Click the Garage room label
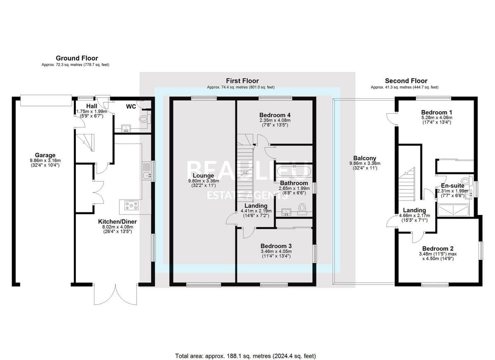(x=45, y=155)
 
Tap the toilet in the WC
(x=145, y=119)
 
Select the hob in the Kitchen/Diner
(x=132, y=205)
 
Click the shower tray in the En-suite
(x=453, y=210)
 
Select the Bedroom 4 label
(x=275, y=115)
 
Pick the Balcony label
(x=365, y=158)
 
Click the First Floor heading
(x=242, y=81)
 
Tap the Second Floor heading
(x=406, y=81)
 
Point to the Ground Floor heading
(x=77, y=58)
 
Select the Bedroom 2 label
(x=438, y=249)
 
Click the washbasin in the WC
(x=126, y=128)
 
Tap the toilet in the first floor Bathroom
(x=302, y=209)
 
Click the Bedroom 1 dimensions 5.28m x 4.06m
(x=437, y=118)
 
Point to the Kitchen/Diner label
(x=117, y=221)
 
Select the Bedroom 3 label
(x=276, y=246)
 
